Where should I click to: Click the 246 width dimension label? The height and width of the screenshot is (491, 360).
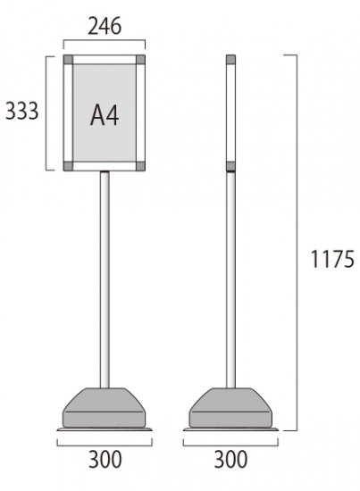coord(105,26)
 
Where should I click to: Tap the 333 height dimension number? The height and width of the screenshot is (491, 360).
coord(22,112)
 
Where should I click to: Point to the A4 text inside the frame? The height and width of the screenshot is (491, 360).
coord(105,115)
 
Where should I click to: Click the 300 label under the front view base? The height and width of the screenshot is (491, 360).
coord(105,460)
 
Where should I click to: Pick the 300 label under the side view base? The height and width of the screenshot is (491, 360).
coord(230,460)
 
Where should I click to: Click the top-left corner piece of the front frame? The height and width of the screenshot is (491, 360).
coord(68,60)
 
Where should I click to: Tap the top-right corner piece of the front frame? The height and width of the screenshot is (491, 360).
coord(140,60)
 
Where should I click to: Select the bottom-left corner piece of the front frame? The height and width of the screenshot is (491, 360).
coord(68,166)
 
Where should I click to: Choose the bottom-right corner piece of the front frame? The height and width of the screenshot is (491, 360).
coord(140,166)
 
